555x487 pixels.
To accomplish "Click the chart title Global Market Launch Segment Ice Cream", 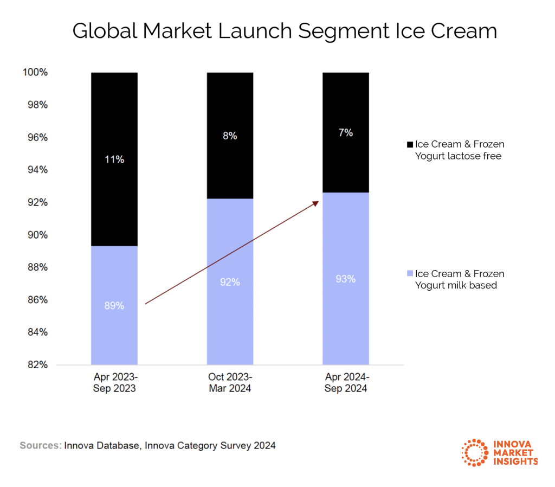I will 285,31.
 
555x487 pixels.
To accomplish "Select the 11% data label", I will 114,159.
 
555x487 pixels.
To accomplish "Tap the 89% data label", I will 114,305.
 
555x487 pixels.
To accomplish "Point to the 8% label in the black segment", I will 230,136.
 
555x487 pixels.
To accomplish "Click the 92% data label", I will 230,282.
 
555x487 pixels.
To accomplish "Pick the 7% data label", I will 346,132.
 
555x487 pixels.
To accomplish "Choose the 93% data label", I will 346,279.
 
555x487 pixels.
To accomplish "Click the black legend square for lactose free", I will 409,145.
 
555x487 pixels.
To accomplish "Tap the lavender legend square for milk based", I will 409,274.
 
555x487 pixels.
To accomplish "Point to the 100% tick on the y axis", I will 36,73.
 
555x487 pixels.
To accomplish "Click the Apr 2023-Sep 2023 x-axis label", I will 114,383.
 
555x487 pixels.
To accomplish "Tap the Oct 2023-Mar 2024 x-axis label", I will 230,383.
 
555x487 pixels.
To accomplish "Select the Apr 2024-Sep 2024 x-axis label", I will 346,383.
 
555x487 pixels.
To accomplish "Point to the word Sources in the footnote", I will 40,446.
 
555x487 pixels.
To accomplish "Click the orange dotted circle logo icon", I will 474,452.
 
